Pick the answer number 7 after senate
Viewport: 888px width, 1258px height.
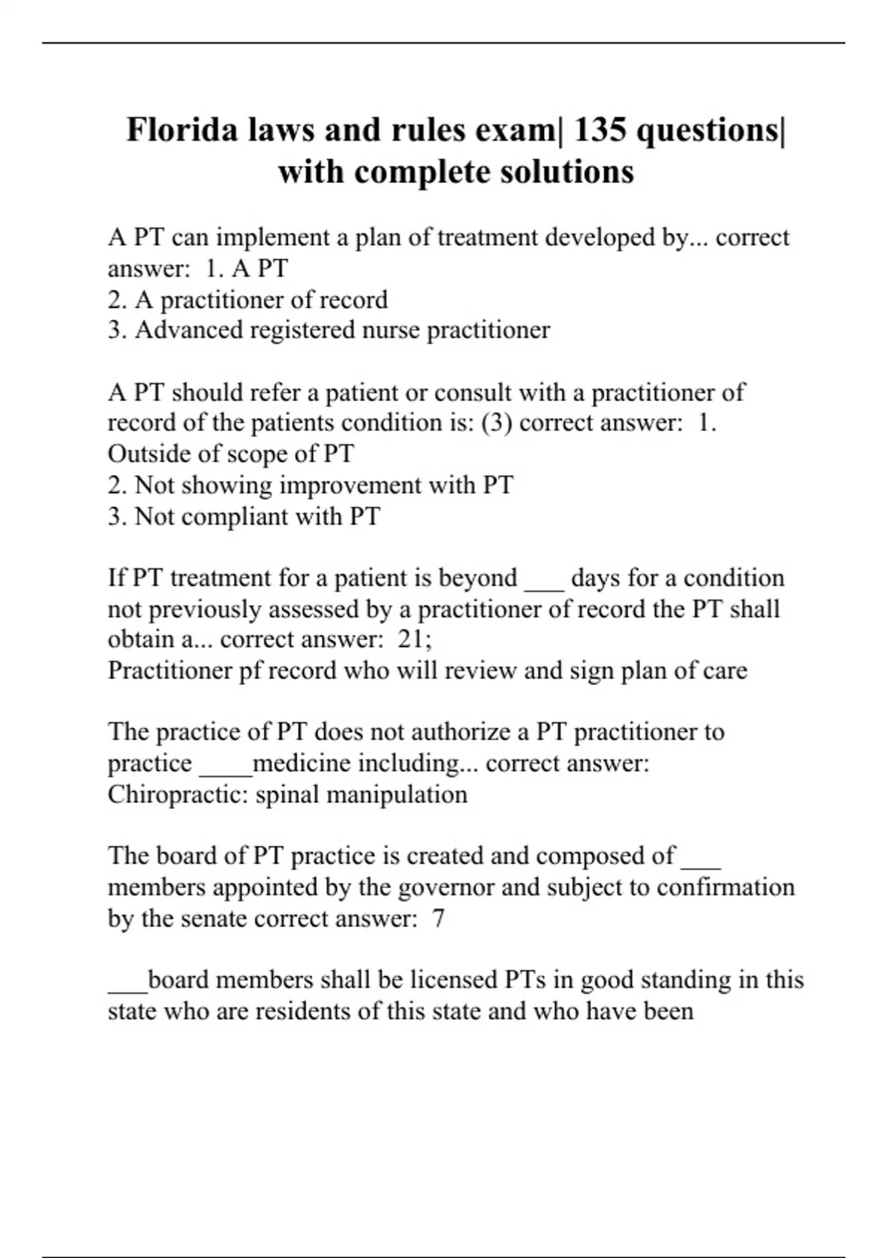point(438,918)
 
